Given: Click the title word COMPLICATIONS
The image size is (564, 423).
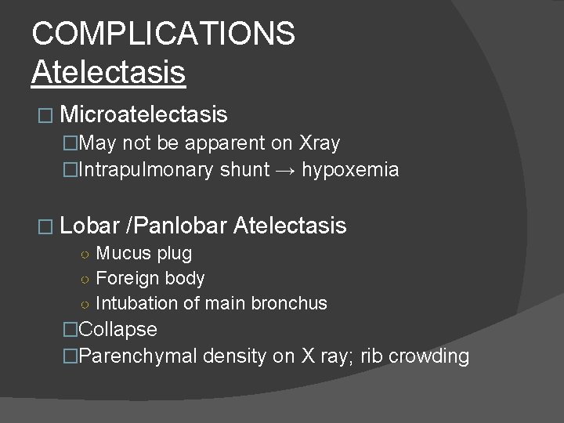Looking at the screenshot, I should (164, 34).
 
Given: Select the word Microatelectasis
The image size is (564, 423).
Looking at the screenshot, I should (143, 116).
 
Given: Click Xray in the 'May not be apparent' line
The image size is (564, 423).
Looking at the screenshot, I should (320, 143).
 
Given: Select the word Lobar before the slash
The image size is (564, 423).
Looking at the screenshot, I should (89, 226).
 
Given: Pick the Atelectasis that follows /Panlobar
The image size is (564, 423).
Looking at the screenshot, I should (290, 226).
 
